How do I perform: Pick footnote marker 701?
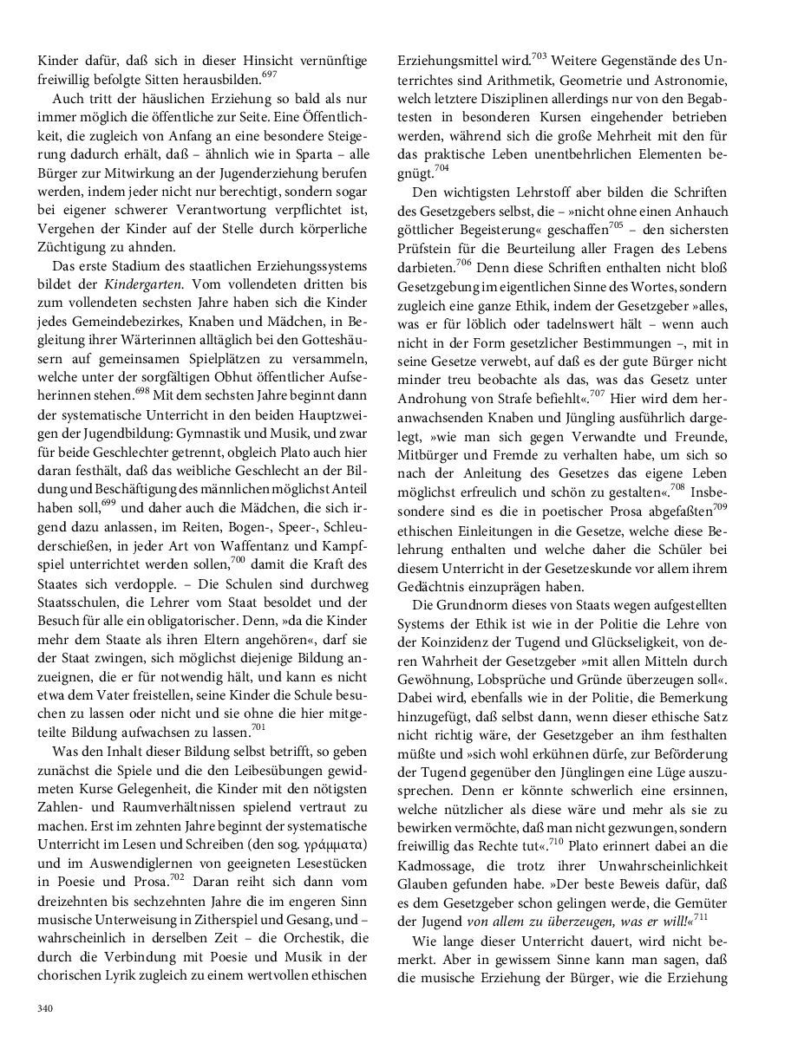(x=258, y=726)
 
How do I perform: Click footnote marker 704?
(x=441, y=167)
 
